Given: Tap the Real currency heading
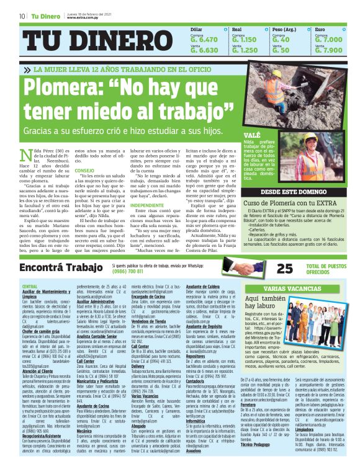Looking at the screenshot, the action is coord(236,29).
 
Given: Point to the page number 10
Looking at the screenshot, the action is coord(22,16).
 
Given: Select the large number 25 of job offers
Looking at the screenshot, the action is coord(284,268).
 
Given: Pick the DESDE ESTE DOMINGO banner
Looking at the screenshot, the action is coord(294,192).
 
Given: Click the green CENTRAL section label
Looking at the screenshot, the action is coord(29,285).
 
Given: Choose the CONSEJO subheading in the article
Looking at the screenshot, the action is coord(84,170).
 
